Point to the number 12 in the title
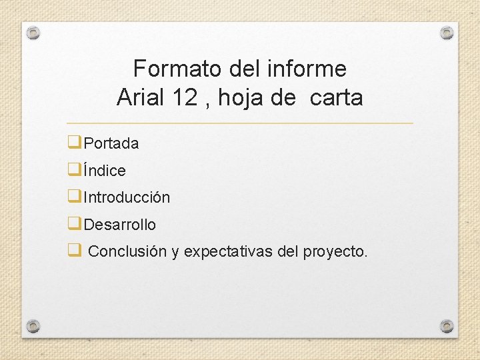tap(185, 98)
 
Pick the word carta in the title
tap(336, 99)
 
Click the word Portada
tap(111, 143)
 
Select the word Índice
tap(105, 171)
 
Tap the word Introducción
tap(127, 198)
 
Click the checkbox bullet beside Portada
tap(74, 143)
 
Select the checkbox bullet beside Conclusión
tap(74, 251)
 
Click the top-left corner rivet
tap(34, 32)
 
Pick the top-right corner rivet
tap(447, 32)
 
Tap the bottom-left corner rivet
tap(33, 326)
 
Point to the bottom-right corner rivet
tap(447, 326)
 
